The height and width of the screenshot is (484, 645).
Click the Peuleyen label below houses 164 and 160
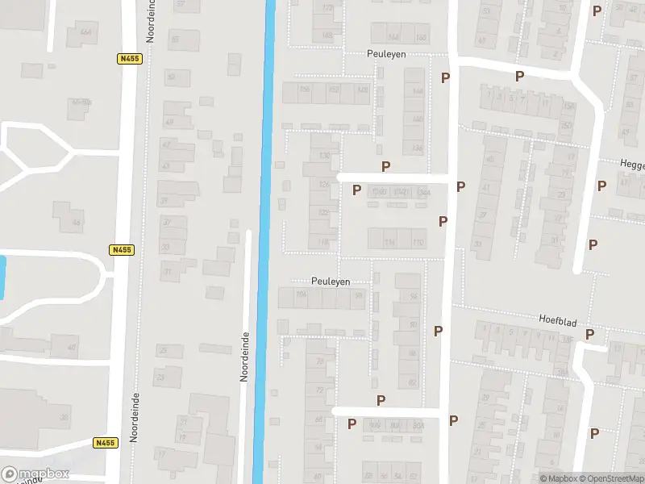(x=384, y=54)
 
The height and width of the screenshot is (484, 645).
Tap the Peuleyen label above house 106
(x=331, y=281)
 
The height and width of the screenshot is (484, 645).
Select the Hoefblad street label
(x=557, y=319)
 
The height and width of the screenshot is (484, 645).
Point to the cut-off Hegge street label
(x=632, y=164)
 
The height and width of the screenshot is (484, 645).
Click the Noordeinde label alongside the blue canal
(x=243, y=356)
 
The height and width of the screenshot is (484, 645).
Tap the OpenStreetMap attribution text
(x=609, y=478)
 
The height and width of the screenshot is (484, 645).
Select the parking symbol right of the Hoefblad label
(x=589, y=334)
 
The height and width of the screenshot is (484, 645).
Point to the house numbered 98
(x=359, y=296)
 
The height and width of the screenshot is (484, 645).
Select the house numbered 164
(x=393, y=37)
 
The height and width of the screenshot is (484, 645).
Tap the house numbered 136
(x=324, y=155)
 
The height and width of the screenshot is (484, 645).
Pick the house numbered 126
(x=324, y=184)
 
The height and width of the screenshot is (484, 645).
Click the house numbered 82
(x=411, y=382)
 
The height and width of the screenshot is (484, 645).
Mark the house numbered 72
(x=320, y=390)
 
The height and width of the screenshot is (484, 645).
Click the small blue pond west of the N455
(x=2, y=273)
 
